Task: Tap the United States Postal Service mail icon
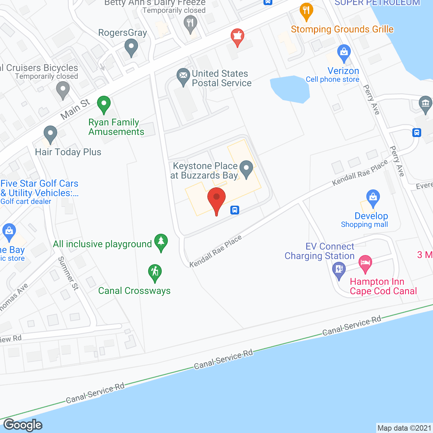[x=183, y=76]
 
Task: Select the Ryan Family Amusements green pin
[x=104, y=104]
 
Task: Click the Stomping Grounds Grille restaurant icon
[x=306, y=11]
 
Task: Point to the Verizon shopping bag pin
[x=344, y=53]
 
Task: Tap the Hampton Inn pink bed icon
[x=365, y=263]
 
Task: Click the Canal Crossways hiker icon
[x=155, y=272]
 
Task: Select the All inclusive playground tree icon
[x=161, y=242]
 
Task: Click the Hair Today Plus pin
[x=50, y=134]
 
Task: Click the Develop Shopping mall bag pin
[x=373, y=197]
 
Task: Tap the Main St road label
[x=75, y=109]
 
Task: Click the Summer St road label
[x=68, y=273]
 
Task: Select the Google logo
[x=23, y=425]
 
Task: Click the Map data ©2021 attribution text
[x=404, y=428]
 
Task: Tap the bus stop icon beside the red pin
[x=235, y=210]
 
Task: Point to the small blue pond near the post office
[x=290, y=89]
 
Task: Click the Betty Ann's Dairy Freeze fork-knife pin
[x=190, y=24]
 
